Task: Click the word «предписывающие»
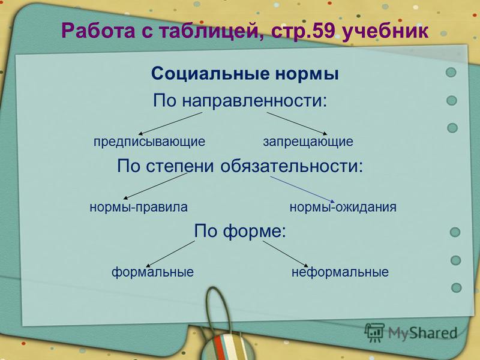point(149,142)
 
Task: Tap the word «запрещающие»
point(308,142)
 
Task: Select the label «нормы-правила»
point(139,208)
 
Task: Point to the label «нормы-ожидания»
point(343,208)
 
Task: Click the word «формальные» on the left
point(152,272)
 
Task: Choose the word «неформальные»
point(340,272)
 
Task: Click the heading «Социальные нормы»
point(245,74)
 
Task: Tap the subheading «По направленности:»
point(240,100)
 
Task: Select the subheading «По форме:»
point(240,230)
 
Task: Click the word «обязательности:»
point(292,166)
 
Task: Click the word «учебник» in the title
point(385,31)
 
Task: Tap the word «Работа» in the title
point(98,31)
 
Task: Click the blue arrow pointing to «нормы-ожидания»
point(302,189)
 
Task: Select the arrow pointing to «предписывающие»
point(170,124)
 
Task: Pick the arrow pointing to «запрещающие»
point(297,124)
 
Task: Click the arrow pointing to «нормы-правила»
point(155,186)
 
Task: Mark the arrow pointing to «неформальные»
point(286,254)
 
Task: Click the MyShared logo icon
point(374,332)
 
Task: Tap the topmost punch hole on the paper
point(451,73)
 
